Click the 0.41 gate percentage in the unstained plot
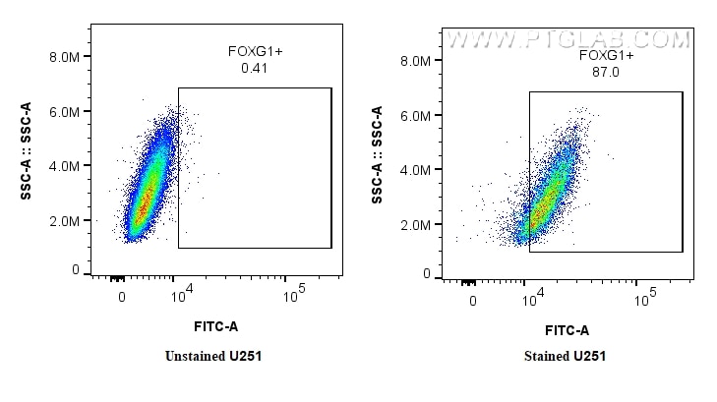(255, 70)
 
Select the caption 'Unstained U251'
(213, 356)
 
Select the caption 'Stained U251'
(564, 356)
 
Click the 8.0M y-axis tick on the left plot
(64, 58)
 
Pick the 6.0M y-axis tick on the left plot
(64, 112)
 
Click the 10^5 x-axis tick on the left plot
(292, 294)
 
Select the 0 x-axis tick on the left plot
(122, 296)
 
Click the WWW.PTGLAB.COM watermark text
(568, 40)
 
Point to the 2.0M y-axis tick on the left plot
(64, 221)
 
